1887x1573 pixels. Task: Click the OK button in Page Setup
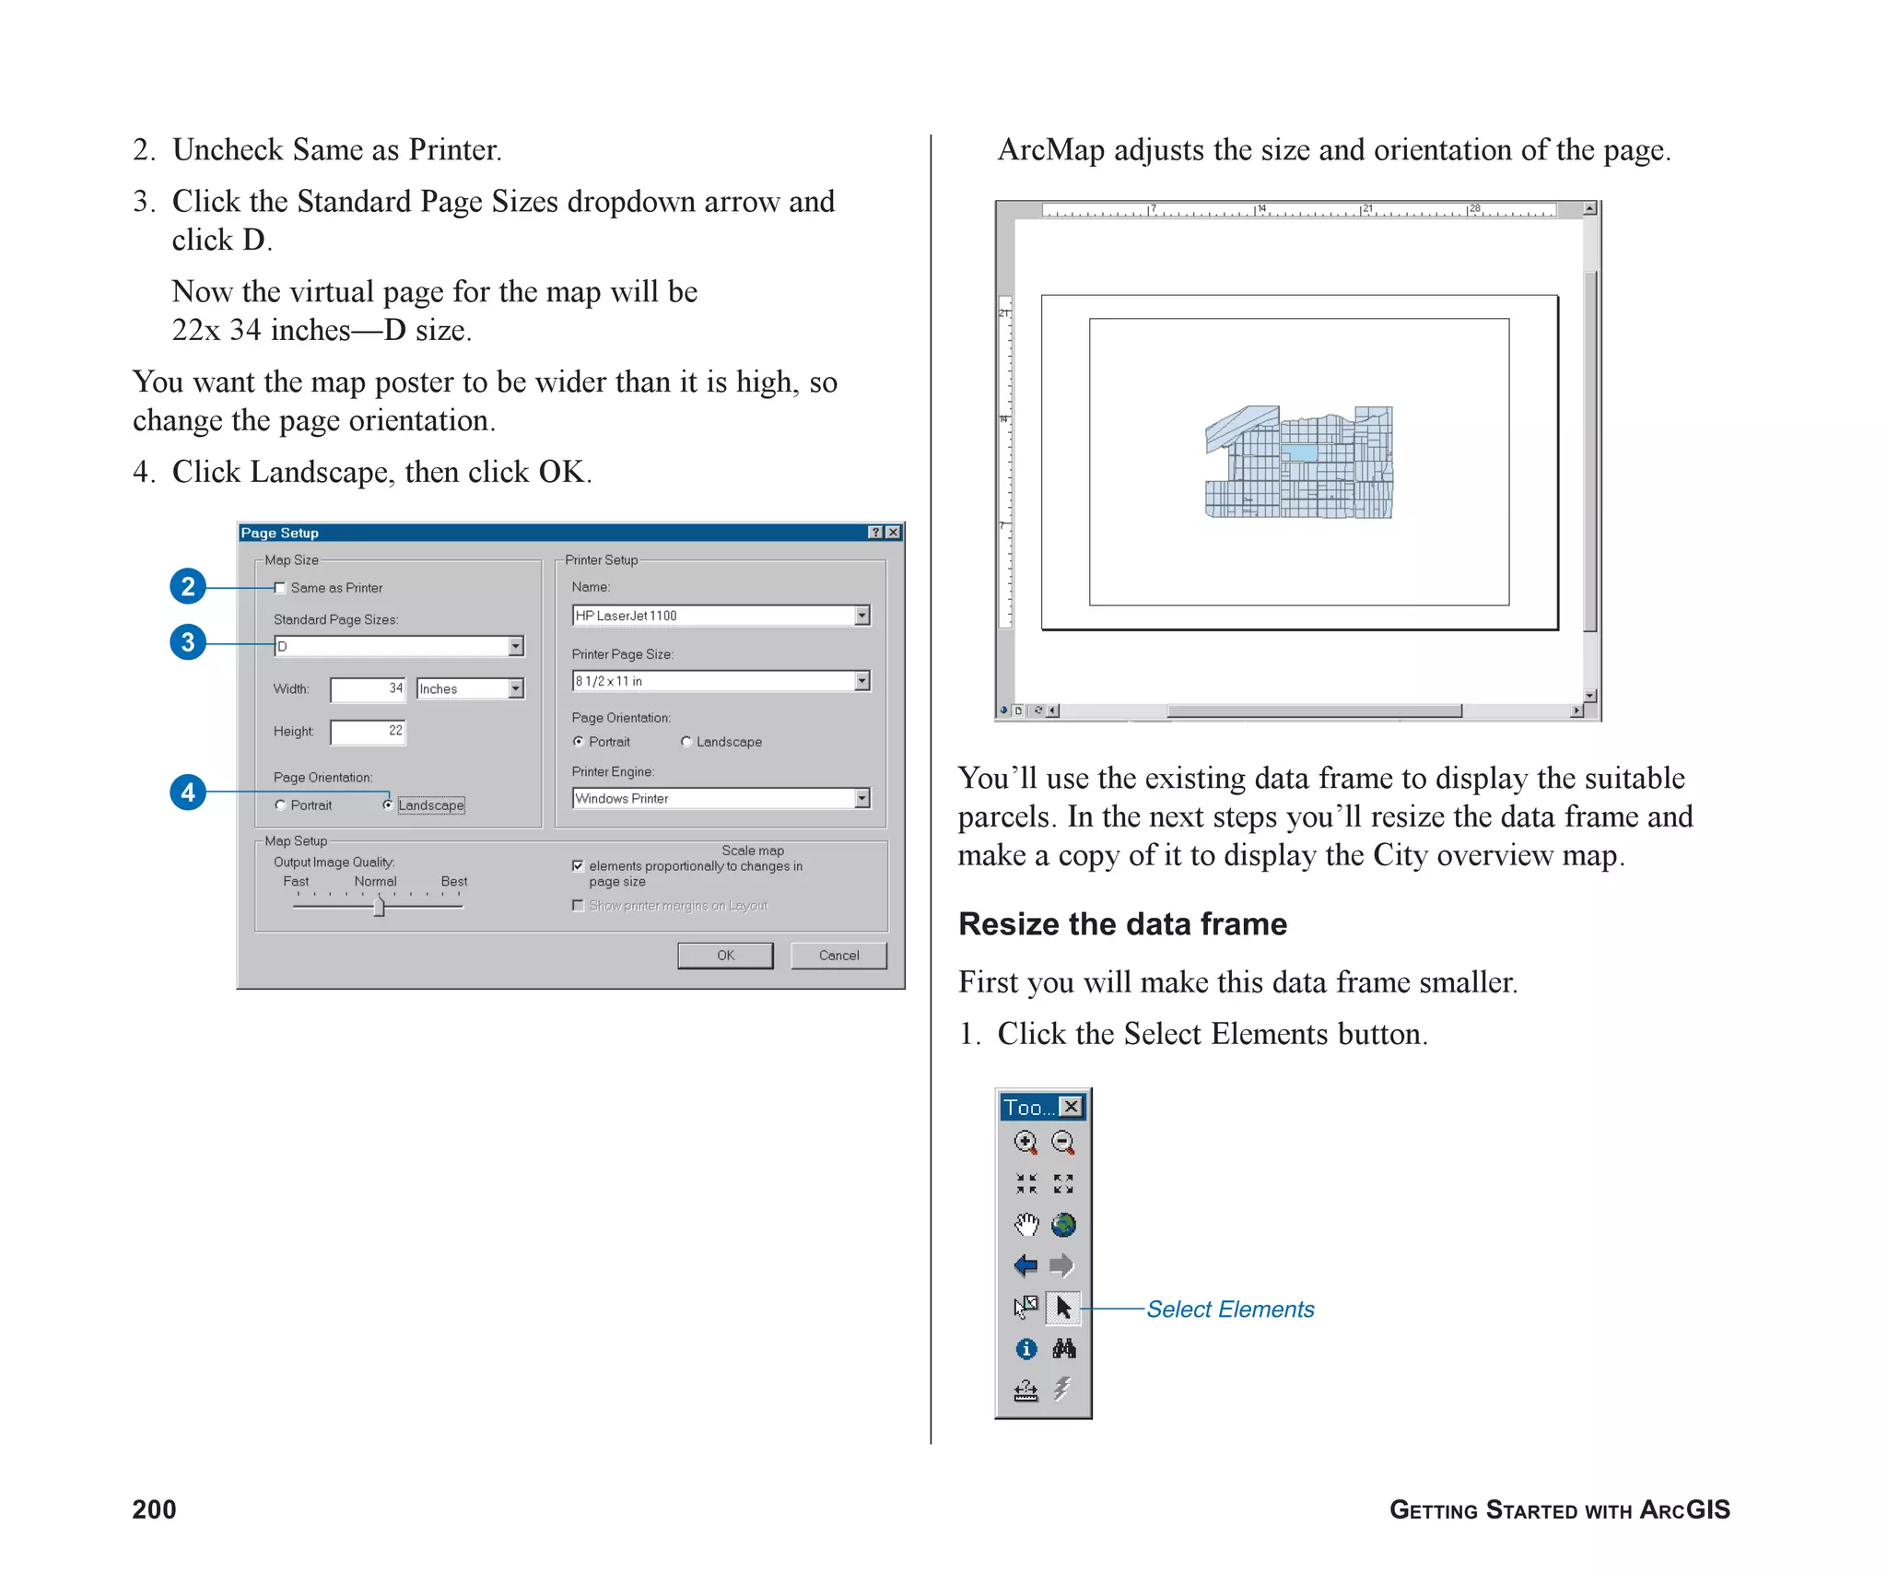point(725,955)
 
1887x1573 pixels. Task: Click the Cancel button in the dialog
point(838,955)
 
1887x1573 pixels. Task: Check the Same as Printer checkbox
point(280,588)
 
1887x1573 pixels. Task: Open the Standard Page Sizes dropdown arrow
point(516,646)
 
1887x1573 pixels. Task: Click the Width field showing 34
point(368,688)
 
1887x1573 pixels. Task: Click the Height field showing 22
point(368,732)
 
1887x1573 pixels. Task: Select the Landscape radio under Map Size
point(388,804)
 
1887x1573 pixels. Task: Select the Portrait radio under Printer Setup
point(579,741)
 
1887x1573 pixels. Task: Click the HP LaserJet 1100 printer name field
point(714,616)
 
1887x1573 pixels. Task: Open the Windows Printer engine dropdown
point(861,798)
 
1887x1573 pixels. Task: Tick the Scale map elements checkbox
point(578,865)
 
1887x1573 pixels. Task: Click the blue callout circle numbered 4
point(188,792)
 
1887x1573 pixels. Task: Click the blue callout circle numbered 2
point(188,586)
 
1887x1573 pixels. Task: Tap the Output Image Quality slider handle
point(379,907)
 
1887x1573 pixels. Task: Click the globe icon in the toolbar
point(1063,1224)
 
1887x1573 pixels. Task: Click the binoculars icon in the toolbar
point(1063,1348)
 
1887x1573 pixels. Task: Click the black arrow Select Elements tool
point(1063,1307)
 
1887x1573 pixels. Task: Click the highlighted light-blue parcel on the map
point(1299,452)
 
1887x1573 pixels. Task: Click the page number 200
point(154,1508)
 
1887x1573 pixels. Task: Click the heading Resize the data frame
point(1122,923)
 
